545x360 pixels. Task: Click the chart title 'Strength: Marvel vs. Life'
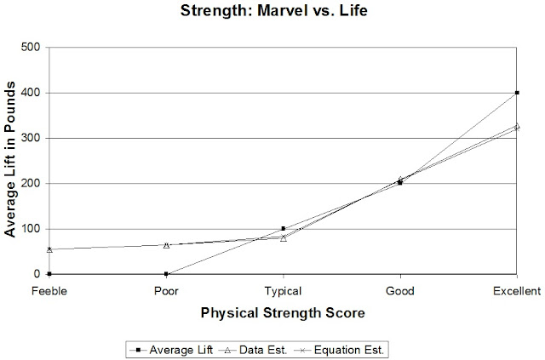click(x=272, y=14)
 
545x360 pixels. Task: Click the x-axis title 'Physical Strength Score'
click(x=283, y=313)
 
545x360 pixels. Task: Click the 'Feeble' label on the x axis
click(x=49, y=290)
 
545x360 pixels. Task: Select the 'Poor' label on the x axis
click(x=166, y=290)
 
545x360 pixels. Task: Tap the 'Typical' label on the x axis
click(x=283, y=290)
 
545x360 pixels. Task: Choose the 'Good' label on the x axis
click(x=399, y=290)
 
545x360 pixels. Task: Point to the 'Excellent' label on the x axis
click(x=516, y=290)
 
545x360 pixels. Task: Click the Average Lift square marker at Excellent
click(x=517, y=93)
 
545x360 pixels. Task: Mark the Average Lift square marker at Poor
click(x=166, y=274)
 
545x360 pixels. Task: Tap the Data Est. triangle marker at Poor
click(x=166, y=245)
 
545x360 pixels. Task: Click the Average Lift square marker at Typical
click(x=283, y=229)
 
